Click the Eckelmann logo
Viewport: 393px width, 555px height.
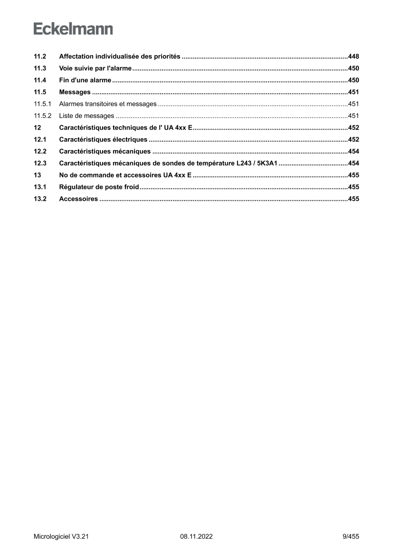[73, 29]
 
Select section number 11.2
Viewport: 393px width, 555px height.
[39, 56]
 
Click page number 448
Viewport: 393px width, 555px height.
[353, 56]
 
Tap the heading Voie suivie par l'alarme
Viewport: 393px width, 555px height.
[95, 68]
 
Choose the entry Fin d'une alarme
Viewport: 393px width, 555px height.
[85, 80]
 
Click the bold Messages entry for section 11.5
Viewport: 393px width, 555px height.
[75, 92]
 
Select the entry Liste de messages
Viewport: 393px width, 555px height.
[86, 116]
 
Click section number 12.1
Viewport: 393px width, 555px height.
[39, 140]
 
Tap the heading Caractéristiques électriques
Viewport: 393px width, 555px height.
[103, 140]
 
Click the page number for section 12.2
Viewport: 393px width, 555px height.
[353, 151]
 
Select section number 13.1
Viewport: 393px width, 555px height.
[39, 187]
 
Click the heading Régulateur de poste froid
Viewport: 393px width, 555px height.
[99, 187]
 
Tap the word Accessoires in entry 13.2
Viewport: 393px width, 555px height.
[78, 199]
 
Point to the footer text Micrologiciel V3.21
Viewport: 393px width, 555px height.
[62, 537]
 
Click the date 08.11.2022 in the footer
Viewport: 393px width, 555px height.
[196, 537]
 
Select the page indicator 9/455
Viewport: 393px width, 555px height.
[350, 537]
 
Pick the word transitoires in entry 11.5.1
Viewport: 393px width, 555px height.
[102, 104]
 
